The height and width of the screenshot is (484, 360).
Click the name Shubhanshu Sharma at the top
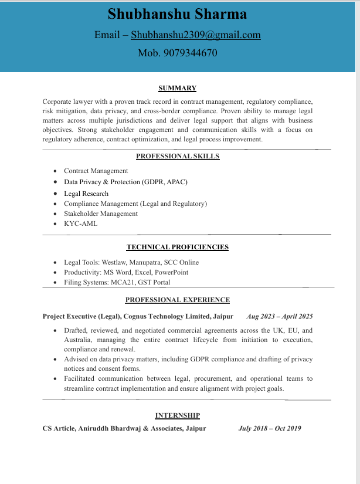tap(177, 14)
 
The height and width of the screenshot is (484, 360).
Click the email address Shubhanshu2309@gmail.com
tap(196, 35)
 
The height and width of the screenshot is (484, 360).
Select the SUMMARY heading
tap(177, 89)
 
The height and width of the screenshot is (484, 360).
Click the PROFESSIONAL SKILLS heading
tap(178, 157)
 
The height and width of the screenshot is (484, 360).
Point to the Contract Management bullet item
tap(96, 171)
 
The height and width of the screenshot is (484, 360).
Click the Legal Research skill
tap(86, 194)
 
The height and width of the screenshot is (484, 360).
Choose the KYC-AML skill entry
tap(81, 224)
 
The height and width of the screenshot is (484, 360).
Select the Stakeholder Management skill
tap(101, 214)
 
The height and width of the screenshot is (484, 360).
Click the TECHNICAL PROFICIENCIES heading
tap(178, 248)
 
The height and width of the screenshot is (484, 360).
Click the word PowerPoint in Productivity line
tap(172, 272)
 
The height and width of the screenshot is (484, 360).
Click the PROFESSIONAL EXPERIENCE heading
tap(178, 300)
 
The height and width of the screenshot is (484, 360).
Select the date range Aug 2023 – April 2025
tap(280, 316)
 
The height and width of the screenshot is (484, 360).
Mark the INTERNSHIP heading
tap(178, 415)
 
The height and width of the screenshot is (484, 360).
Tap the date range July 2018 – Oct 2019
tap(270, 428)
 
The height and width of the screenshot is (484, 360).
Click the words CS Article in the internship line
tap(57, 428)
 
